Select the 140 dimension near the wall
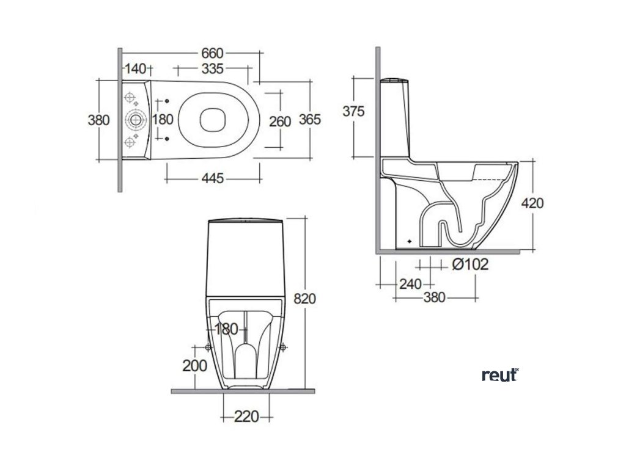(x=135, y=68)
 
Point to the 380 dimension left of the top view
(x=98, y=120)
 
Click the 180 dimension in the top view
(x=163, y=120)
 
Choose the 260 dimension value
(x=280, y=121)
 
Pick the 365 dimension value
(x=310, y=120)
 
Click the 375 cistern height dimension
(x=354, y=111)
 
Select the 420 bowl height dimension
(x=532, y=203)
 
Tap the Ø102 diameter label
(x=471, y=265)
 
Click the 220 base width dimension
(x=246, y=417)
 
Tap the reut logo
(x=499, y=375)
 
